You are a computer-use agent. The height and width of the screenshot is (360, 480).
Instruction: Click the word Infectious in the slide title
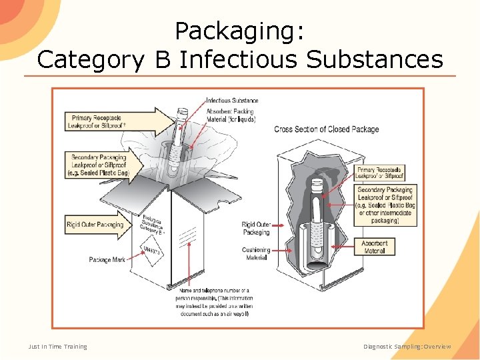tap(239, 59)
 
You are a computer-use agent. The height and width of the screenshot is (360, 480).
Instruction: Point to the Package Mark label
tap(107, 259)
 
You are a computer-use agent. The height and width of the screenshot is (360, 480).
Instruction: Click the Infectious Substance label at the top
tap(232, 101)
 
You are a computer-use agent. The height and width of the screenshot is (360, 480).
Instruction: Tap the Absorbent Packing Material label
tap(231, 115)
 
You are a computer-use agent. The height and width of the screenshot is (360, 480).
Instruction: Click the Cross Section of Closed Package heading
tap(327, 129)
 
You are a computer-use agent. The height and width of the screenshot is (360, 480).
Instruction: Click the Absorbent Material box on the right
tap(375, 247)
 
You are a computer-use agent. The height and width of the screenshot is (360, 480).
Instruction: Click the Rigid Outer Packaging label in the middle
tap(256, 229)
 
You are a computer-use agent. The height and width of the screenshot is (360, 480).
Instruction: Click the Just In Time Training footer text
tap(57, 346)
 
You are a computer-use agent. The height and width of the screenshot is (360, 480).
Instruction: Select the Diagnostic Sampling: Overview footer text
tap(407, 346)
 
